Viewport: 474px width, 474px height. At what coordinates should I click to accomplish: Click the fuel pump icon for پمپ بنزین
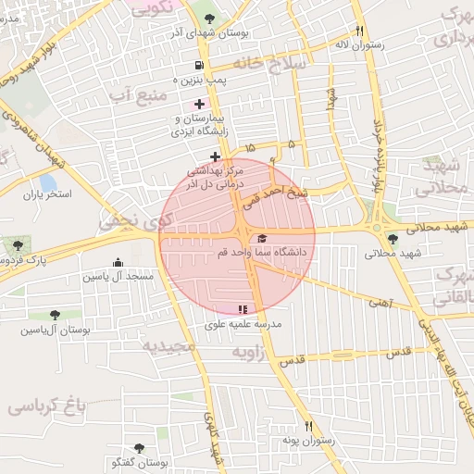tap(200, 65)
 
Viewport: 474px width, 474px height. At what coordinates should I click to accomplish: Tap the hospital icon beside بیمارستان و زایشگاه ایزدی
tap(200, 104)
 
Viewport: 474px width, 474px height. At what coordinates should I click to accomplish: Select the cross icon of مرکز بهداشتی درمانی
tap(215, 156)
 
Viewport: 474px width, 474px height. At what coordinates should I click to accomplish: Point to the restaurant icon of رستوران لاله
tap(360, 30)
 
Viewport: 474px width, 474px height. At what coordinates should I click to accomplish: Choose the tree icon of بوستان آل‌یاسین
tap(56, 315)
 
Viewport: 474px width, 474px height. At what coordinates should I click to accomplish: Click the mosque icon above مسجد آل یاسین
tap(118, 263)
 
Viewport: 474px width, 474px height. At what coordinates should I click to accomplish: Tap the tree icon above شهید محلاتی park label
tap(393, 239)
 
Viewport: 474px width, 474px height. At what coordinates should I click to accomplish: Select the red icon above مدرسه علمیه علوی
tap(243, 310)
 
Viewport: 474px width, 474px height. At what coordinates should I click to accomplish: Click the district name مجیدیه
tap(168, 346)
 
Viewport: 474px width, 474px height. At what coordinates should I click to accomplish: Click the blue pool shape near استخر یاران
tap(47, 182)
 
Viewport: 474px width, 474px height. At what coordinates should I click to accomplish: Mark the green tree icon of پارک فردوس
tap(17, 245)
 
